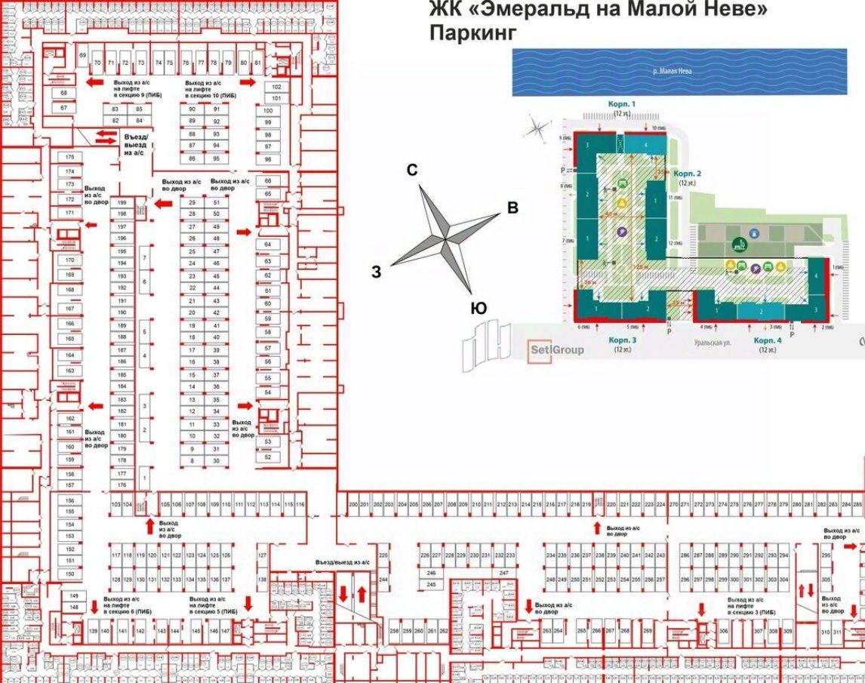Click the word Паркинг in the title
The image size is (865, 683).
[473, 34]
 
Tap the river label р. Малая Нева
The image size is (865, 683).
[672, 72]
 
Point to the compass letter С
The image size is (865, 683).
[412, 171]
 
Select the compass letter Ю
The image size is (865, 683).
[478, 308]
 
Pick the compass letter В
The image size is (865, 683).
[513, 208]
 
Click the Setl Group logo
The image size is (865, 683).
[556, 350]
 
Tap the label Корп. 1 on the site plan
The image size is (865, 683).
[623, 103]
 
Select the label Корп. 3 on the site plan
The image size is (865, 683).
[623, 341]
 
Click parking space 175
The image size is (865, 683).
[70, 157]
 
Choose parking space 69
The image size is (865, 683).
[82, 56]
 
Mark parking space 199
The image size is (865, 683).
[122, 204]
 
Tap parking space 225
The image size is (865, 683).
[383, 555]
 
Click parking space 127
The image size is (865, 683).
[263, 555]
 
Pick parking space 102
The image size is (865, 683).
[276, 87]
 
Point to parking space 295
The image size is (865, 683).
[826, 555]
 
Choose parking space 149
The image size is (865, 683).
[74, 596]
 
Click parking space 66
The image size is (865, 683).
[267, 181]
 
